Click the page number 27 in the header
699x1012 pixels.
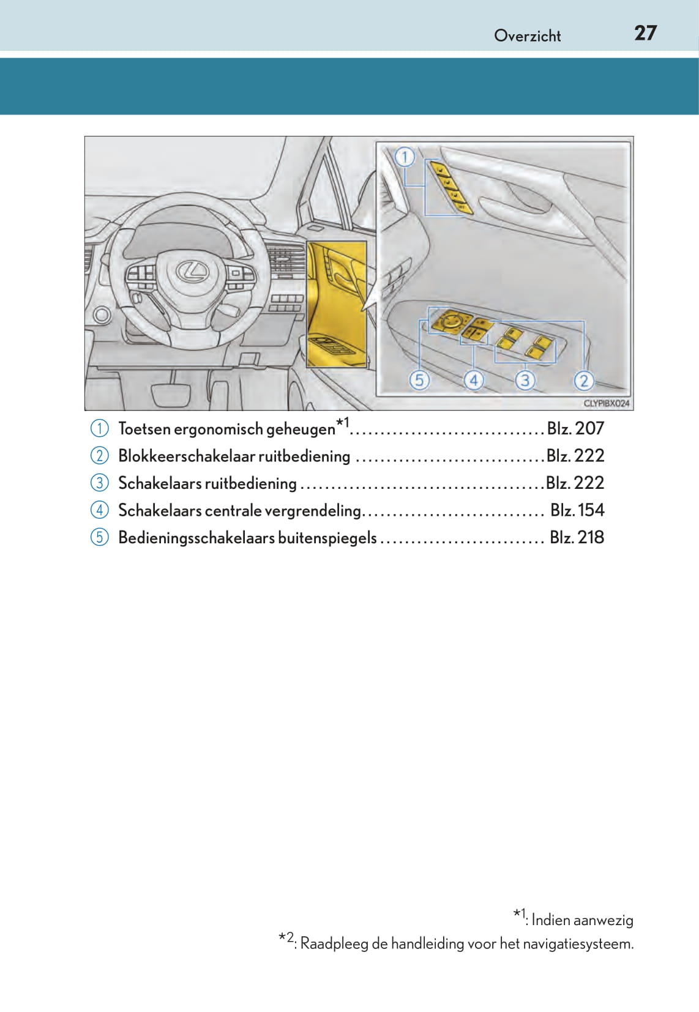click(x=645, y=33)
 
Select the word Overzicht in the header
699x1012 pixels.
click(x=527, y=36)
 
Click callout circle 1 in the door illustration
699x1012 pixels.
click(x=405, y=158)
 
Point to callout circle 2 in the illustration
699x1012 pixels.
click(x=583, y=381)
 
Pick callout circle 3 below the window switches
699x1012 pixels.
click(x=525, y=381)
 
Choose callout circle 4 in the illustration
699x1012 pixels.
click(x=473, y=381)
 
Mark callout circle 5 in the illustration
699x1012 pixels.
click(x=419, y=381)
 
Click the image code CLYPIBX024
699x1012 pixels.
click(x=607, y=403)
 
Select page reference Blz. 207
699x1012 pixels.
click(x=575, y=428)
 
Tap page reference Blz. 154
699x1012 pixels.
click(x=577, y=510)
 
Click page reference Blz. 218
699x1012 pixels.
click(x=577, y=537)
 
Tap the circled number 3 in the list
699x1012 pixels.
click(x=99, y=483)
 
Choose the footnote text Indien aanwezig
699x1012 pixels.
click(x=582, y=920)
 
